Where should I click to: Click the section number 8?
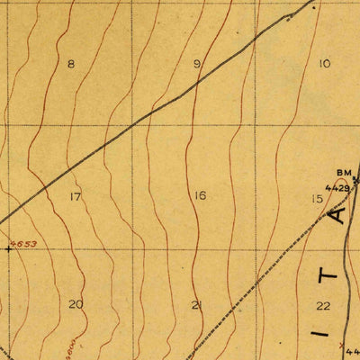[x=71, y=64]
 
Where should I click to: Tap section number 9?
[x=197, y=64]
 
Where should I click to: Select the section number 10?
[x=324, y=63]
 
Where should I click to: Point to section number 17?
[x=75, y=196]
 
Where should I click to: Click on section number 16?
[x=199, y=196]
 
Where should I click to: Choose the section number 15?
[x=317, y=199]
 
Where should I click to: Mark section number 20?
[x=76, y=304]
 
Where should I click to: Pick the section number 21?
[x=197, y=305]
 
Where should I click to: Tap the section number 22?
[x=323, y=306]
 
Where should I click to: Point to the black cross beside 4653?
[x=9, y=249]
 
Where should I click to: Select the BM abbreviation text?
[x=343, y=173]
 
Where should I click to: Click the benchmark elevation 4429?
[x=337, y=188]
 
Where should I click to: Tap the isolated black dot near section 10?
[x=314, y=7]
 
